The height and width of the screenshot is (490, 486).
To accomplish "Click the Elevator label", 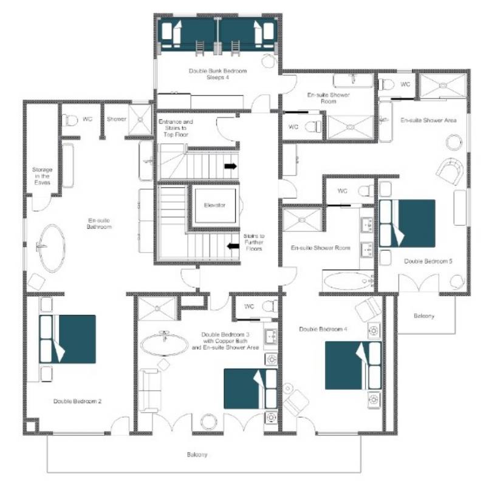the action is [x=214, y=205].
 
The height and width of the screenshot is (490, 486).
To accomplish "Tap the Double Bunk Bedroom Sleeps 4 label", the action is [x=217, y=74].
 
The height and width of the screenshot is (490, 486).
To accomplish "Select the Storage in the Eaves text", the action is [x=42, y=176].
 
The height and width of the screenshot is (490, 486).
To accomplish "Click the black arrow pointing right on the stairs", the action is [x=231, y=166].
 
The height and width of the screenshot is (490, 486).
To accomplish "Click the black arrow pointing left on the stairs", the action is [x=233, y=247].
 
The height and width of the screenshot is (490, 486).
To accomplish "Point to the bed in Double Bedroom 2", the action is [x=67, y=339].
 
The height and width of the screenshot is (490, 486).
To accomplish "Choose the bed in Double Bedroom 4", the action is [x=353, y=366].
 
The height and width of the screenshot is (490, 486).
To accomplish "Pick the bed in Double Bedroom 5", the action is [x=407, y=223].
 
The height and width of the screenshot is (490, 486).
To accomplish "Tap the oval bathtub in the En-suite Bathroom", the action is [x=52, y=248].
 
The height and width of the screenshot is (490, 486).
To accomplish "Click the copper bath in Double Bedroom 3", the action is [x=165, y=345].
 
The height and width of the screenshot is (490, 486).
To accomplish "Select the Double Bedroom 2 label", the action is [x=77, y=401].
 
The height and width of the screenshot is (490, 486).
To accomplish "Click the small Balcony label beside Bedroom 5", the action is [x=424, y=316].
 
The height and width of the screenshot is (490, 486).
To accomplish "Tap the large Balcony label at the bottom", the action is [x=197, y=454].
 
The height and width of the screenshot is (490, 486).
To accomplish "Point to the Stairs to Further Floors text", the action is [x=254, y=242].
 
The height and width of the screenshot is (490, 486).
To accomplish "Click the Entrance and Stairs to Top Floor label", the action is [x=176, y=128].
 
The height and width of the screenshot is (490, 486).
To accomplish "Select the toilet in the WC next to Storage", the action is [x=69, y=120].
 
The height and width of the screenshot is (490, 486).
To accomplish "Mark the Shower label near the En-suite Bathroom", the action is [x=117, y=119].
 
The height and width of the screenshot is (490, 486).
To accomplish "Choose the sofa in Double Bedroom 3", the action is [x=150, y=390].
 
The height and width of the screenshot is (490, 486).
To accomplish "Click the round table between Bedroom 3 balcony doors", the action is [x=208, y=422].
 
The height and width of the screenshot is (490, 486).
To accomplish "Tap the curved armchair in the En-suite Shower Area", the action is [x=450, y=172].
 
